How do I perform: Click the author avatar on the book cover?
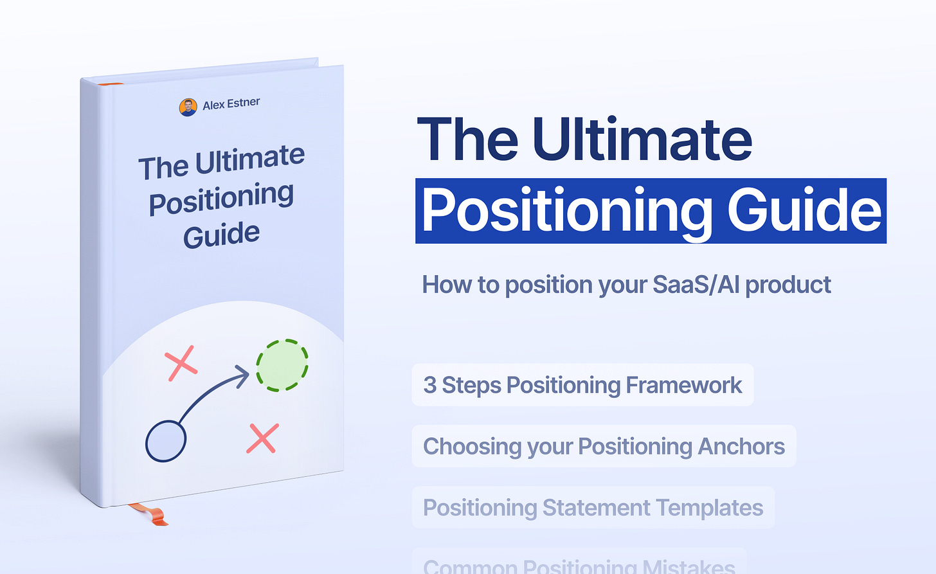[188, 107]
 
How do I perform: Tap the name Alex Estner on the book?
[231, 103]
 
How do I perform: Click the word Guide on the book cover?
[221, 235]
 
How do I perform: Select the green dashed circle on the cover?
[282, 365]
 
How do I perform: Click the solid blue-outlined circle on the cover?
[166, 441]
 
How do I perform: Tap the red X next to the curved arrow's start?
[181, 363]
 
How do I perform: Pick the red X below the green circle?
[262, 438]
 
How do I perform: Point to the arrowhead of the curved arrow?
[243, 375]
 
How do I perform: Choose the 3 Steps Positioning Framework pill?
[582, 385]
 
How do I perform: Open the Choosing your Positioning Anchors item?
[604, 446]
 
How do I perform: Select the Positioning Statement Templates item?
[593, 508]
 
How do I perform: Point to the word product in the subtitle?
[788, 284]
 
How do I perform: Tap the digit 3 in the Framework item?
[429, 385]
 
